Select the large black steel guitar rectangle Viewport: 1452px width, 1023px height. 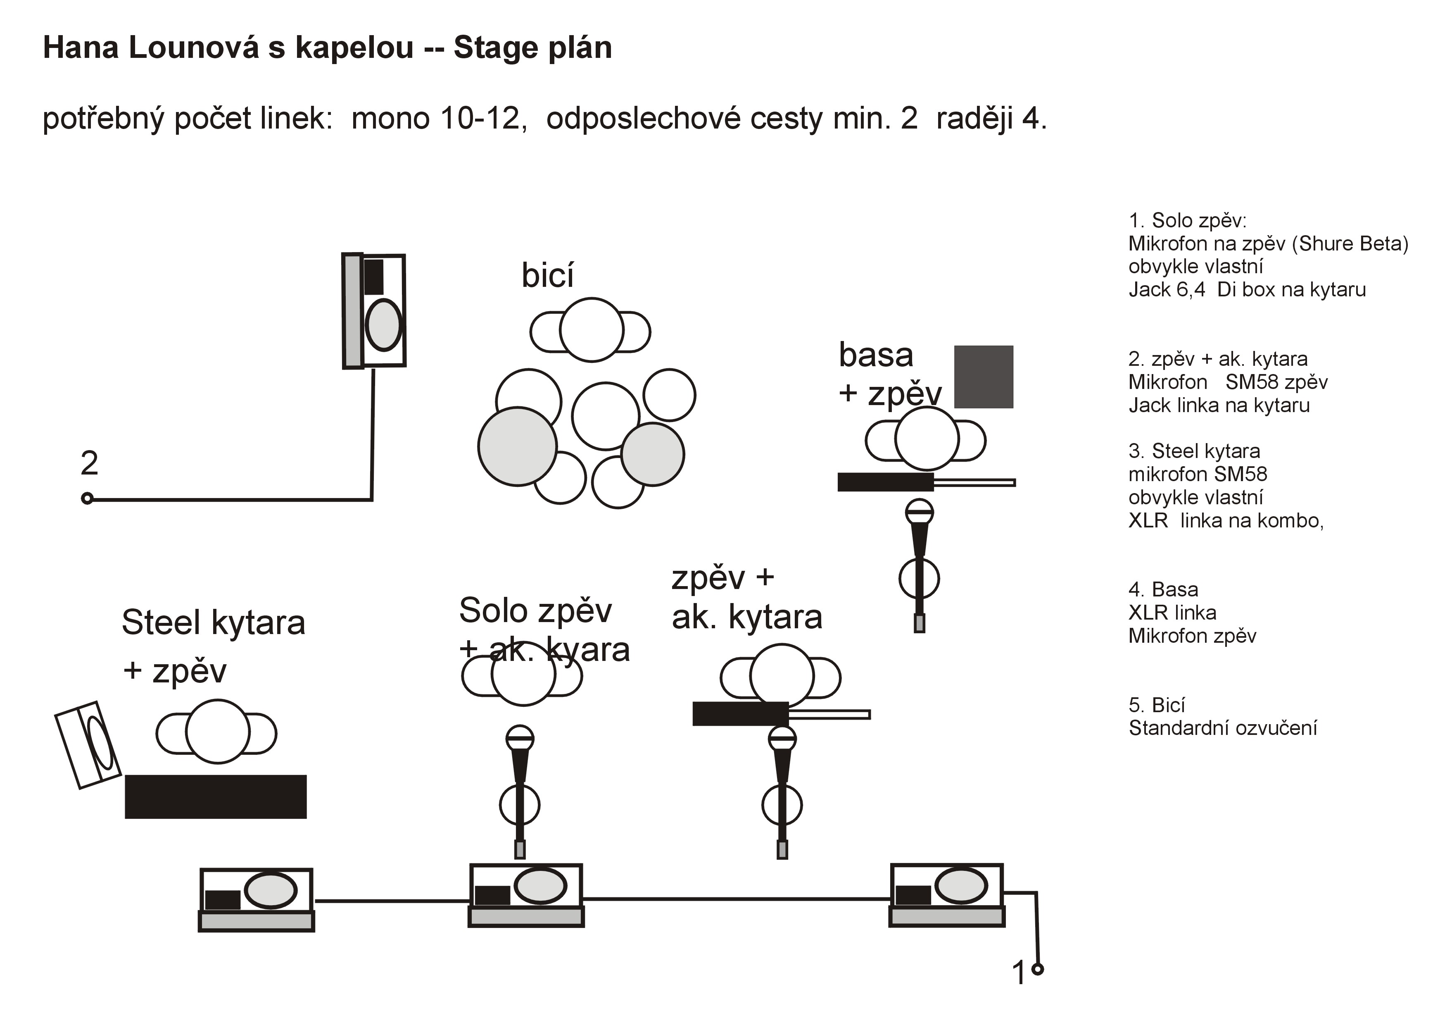point(215,796)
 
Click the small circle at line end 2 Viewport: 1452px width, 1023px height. point(87,498)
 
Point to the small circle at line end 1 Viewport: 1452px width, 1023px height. point(1037,968)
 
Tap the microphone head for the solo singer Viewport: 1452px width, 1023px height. point(520,738)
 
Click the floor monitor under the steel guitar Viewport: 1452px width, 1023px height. point(256,899)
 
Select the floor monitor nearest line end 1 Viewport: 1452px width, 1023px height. point(947,894)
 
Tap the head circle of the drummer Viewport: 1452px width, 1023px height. point(591,329)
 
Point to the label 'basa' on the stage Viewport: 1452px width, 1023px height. point(875,355)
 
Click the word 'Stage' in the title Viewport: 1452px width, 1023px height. point(493,48)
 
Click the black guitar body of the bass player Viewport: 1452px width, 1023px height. point(885,482)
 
